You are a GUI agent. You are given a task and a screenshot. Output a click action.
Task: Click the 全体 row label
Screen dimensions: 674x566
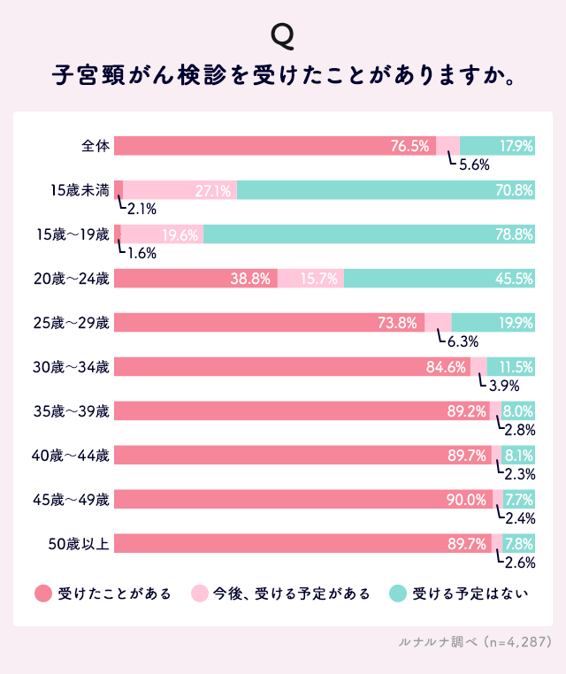click(95, 146)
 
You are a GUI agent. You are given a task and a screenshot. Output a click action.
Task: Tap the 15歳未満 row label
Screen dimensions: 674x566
click(80, 190)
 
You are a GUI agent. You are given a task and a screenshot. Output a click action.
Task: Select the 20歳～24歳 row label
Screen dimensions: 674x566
click(72, 279)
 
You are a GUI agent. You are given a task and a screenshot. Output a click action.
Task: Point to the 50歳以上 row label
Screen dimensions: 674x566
click(78, 544)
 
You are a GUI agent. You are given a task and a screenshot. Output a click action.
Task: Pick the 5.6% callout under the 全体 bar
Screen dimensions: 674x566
click(474, 165)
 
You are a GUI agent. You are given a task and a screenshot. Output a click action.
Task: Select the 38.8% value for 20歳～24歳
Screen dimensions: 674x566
click(249, 279)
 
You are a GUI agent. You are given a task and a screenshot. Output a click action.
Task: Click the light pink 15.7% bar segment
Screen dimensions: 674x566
click(310, 279)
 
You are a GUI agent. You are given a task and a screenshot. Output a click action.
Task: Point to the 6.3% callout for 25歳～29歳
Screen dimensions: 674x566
click(462, 341)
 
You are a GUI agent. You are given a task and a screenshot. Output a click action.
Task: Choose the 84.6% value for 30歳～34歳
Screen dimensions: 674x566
click(447, 367)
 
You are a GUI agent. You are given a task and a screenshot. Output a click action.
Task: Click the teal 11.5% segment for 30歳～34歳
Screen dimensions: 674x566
click(511, 367)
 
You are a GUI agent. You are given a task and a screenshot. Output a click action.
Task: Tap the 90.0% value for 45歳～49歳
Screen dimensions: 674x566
click(466, 500)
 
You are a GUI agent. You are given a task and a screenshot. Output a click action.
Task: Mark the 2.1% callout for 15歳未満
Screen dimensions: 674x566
click(141, 209)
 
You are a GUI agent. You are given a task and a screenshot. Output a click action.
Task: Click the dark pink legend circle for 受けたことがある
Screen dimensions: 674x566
click(42, 594)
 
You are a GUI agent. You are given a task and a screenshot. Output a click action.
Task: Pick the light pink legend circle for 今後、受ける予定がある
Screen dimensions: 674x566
click(198, 594)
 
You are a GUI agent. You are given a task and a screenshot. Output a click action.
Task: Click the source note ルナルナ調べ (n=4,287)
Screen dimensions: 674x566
click(476, 641)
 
